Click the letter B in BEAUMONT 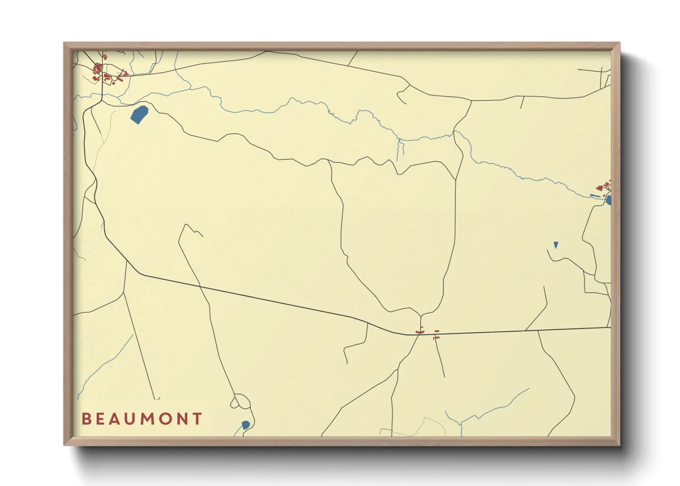(86, 418)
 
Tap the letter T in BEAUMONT (198, 418)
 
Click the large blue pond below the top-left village (139, 114)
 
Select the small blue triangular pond (556, 245)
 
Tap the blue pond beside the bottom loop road (245, 425)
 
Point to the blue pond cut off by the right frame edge (608, 200)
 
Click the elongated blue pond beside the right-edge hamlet (595, 196)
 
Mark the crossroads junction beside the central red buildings (419, 334)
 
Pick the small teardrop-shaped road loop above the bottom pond (235, 403)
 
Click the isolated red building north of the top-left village (105, 57)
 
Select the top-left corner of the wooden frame (64, 43)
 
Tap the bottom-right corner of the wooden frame (619, 445)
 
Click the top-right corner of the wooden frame (619, 43)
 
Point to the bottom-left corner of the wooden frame (64, 445)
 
